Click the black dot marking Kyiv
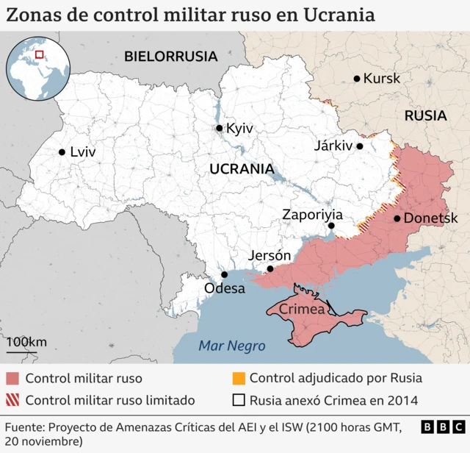point(219,129)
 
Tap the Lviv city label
point(83,152)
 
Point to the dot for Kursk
point(357,79)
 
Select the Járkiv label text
point(333,146)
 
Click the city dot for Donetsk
point(397,218)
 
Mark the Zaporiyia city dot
point(331,226)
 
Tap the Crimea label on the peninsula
point(302,310)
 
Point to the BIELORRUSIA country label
point(170,56)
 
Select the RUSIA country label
point(425,115)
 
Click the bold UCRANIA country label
point(242,168)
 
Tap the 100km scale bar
point(26,348)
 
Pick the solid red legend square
point(12,379)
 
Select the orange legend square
point(238,379)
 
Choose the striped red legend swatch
point(12,401)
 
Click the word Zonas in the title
point(34,15)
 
